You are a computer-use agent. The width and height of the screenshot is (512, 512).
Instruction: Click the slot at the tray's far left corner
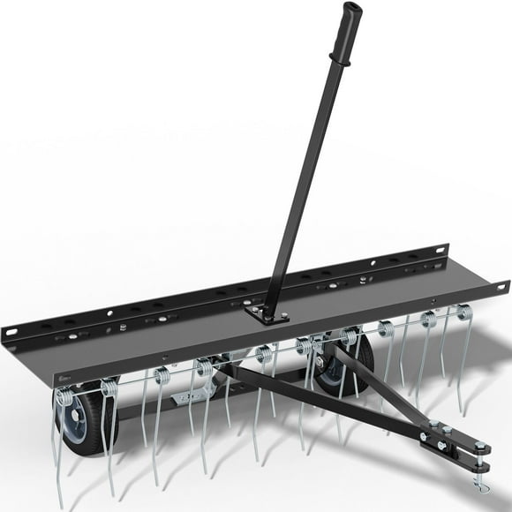(x=11, y=333)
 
